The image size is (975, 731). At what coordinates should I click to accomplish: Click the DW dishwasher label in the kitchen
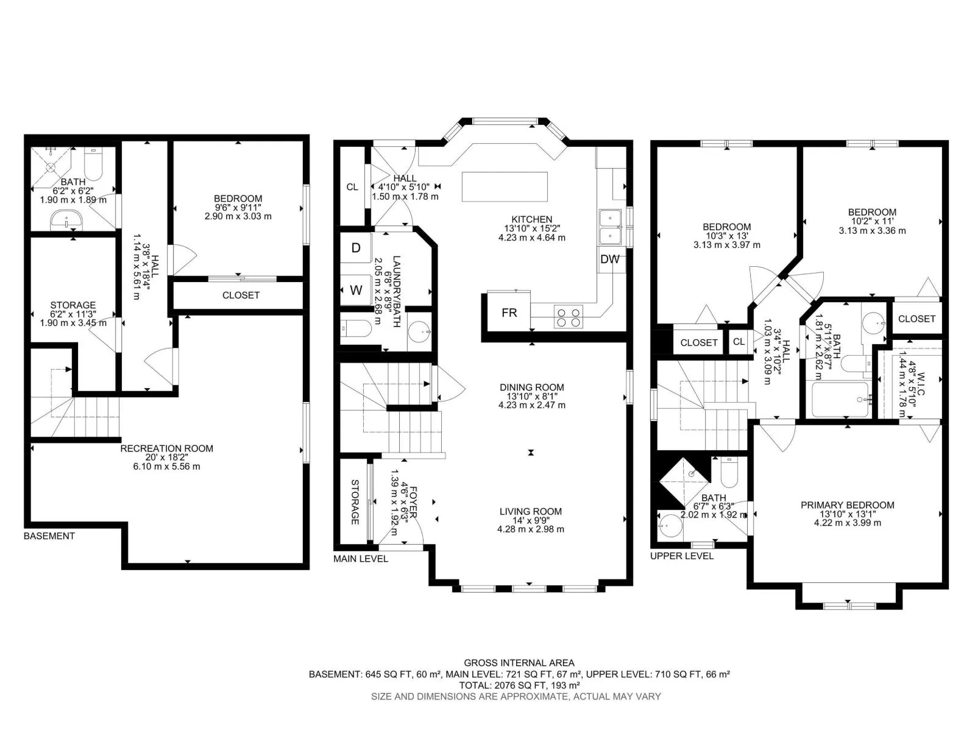(609, 260)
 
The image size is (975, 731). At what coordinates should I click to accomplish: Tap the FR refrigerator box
(509, 313)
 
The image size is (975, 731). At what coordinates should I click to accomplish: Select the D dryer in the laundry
(355, 248)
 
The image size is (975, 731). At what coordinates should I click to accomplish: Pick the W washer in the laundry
(355, 290)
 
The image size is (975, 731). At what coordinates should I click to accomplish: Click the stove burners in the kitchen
(568, 317)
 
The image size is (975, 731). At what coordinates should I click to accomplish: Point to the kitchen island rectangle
(505, 187)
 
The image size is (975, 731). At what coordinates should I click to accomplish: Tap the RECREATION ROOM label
(166, 448)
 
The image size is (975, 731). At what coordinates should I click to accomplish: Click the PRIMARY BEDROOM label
(848, 504)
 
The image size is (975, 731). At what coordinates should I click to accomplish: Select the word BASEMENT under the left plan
(49, 535)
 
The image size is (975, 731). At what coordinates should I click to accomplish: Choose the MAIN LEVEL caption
(361, 559)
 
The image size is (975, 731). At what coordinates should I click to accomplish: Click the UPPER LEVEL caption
(682, 556)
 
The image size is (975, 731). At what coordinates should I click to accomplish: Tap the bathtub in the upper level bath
(840, 400)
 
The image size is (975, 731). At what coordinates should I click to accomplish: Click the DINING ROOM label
(532, 387)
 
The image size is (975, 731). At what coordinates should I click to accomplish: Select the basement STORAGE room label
(73, 305)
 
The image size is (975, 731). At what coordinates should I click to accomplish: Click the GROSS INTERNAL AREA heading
(519, 663)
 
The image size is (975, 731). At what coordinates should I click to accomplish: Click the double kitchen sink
(611, 227)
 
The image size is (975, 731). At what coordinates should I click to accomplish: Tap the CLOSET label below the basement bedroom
(241, 295)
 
